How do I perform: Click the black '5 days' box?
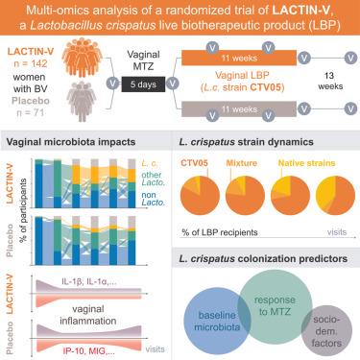143,84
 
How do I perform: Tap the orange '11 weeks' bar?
239,58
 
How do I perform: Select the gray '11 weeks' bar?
239,109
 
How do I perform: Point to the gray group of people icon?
82,101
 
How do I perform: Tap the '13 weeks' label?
330,81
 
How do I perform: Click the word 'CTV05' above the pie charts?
194,163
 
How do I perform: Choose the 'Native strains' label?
306,163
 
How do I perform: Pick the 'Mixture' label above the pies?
242,163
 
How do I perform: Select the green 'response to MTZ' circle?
275,306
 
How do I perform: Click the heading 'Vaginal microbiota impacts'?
71,142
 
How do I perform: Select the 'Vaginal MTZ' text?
143,60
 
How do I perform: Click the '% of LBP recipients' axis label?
220,232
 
